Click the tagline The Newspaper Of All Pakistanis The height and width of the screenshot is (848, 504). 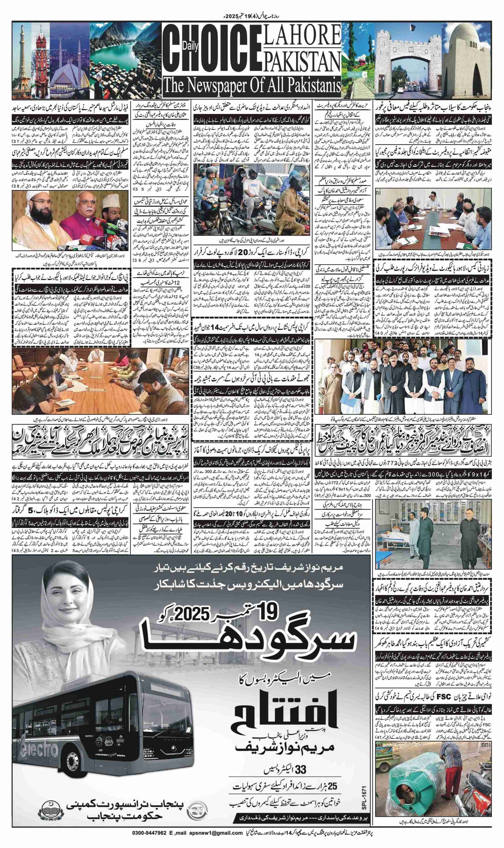pyautogui.click(x=251, y=84)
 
